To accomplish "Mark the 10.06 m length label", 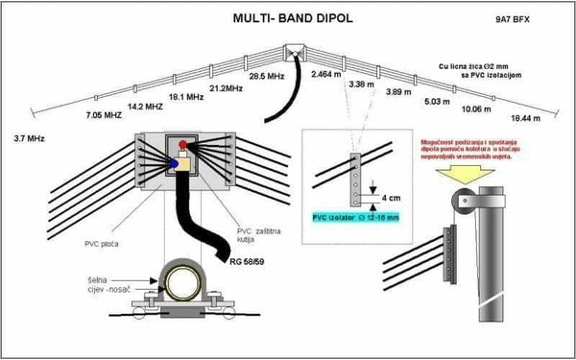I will pyautogui.click(x=477, y=108).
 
